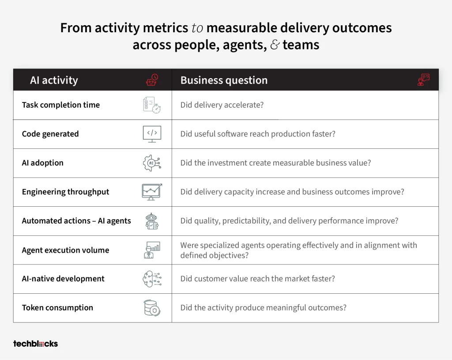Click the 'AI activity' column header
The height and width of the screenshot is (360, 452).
pyautogui.click(x=54, y=80)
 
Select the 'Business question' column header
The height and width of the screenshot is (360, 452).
pyautogui.click(x=224, y=80)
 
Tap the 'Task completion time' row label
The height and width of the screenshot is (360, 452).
pyautogui.click(x=61, y=105)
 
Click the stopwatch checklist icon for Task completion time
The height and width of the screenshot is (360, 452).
pyautogui.click(x=152, y=105)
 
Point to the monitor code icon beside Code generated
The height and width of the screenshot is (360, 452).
pyautogui.click(x=152, y=134)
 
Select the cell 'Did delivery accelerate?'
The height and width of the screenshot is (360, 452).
pyautogui.click(x=222, y=105)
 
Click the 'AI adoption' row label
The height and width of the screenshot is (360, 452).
pyautogui.click(x=43, y=163)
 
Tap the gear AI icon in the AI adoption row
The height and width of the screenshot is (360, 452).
pyautogui.click(x=152, y=163)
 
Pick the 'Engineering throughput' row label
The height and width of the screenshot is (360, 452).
pyautogui.click(x=65, y=192)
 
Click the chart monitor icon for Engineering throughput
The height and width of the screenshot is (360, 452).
pyautogui.click(x=152, y=192)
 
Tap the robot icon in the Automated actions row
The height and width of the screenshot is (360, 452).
pyautogui.click(x=152, y=221)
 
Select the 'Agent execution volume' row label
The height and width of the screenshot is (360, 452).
pyautogui.click(x=65, y=250)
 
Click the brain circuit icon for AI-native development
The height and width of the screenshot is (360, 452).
pyautogui.click(x=152, y=279)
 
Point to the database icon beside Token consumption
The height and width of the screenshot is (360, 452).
pyautogui.click(x=152, y=308)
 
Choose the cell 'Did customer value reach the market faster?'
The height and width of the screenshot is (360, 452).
pyautogui.click(x=258, y=279)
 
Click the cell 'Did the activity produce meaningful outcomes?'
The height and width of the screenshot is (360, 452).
pyautogui.click(x=264, y=308)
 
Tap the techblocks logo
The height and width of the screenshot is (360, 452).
pyautogui.click(x=35, y=344)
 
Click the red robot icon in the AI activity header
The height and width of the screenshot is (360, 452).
pyautogui.click(x=152, y=80)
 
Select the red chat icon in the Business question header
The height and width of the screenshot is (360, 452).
pyautogui.click(x=423, y=80)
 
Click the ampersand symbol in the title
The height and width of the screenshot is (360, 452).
pyautogui.click(x=275, y=45)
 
